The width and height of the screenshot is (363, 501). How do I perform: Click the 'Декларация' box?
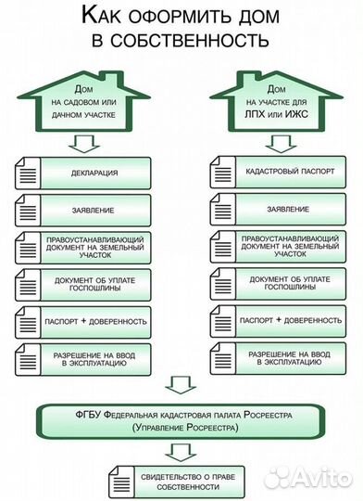[95, 173]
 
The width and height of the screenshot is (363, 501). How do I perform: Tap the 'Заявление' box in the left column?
[95, 209]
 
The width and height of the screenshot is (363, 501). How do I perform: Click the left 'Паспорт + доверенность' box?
[95, 321]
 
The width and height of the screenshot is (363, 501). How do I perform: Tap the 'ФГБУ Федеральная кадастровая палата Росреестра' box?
[183, 419]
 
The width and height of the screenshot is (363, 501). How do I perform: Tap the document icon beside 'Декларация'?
[28, 173]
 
